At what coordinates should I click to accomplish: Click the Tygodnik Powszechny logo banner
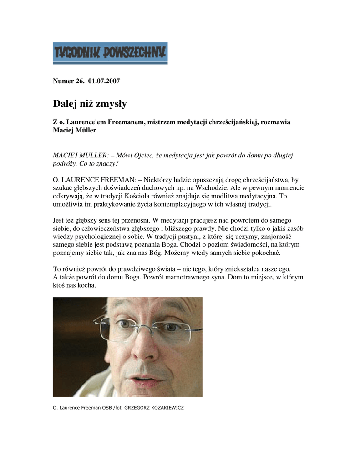click(x=110, y=53)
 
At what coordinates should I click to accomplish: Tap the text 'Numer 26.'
click(x=66, y=81)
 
